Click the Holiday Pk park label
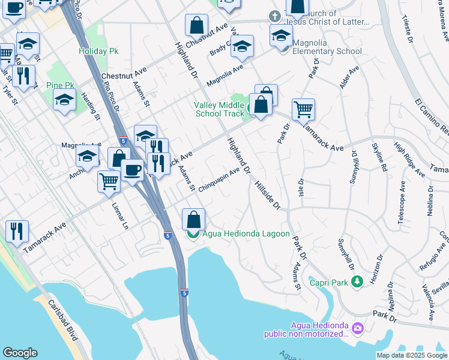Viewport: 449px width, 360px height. (98, 51)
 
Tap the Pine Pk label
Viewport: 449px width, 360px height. (59, 86)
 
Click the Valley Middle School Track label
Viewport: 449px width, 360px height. (218, 109)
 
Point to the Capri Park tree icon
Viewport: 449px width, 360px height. (357, 281)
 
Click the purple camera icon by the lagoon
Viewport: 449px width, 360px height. (358, 328)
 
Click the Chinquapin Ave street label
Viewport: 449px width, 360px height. (219, 179)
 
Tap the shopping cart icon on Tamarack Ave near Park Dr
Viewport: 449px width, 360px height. (304, 110)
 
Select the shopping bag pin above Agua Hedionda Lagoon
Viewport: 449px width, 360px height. (193, 220)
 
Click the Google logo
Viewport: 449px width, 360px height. (20, 353)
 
